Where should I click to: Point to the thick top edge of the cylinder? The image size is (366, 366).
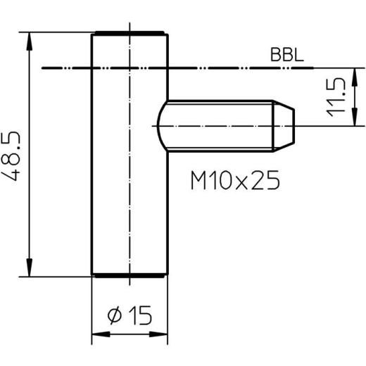[x=130, y=32]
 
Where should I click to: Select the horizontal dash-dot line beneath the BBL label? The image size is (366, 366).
[x=211, y=68]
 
